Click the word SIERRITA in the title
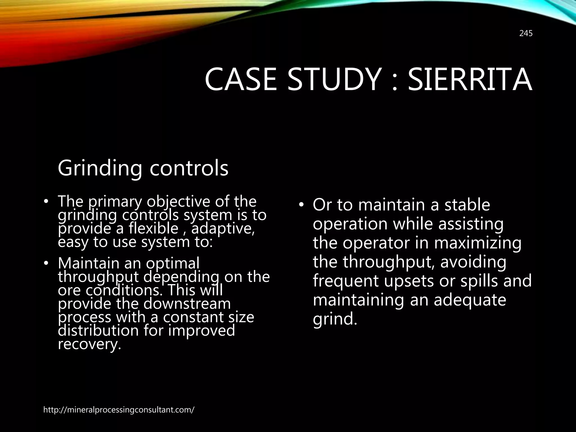(x=470, y=80)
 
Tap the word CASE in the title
(x=241, y=80)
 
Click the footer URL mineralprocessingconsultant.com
(x=119, y=410)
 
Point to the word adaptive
(x=223, y=229)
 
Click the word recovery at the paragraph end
(x=89, y=344)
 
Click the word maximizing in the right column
(x=478, y=243)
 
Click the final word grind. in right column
(x=335, y=319)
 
